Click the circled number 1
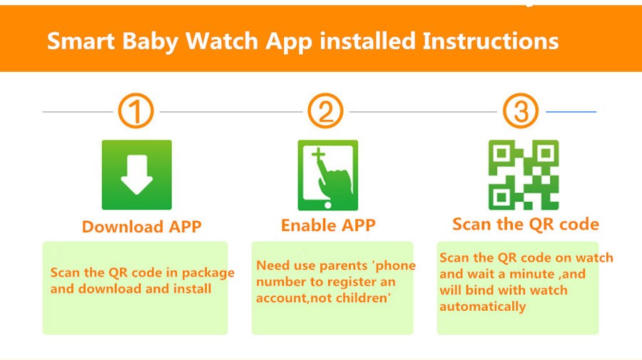pyautogui.click(x=136, y=111)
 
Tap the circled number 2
pyautogui.click(x=325, y=111)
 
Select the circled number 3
pyautogui.click(x=521, y=111)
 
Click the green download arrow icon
pyautogui.click(x=137, y=175)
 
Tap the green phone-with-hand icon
pyautogui.click(x=328, y=175)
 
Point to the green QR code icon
pyautogui.click(x=524, y=175)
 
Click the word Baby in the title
pyautogui.click(x=151, y=42)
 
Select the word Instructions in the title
pyautogui.click(x=491, y=41)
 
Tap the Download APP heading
pyautogui.click(x=142, y=227)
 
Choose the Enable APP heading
pyautogui.click(x=328, y=225)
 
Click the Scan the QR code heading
pyautogui.click(x=526, y=224)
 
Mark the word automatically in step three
pyautogui.click(x=483, y=307)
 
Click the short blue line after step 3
pyautogui.click(x=571, y=111)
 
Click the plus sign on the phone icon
pyautogui.click(x=318, y=154)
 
